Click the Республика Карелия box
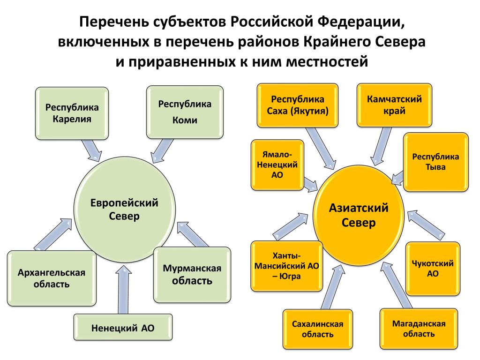point(72,113)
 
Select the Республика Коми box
point(185,112)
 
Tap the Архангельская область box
point(52,278)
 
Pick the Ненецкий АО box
point(123,328)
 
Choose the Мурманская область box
point(192,275)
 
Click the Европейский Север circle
point(125,210)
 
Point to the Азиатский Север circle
point(359,215)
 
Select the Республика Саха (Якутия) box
point(298,105)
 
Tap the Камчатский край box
point(394,105)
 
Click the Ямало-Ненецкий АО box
point(277,165)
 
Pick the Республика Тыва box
point(435,162)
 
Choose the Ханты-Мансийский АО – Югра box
point(286,266)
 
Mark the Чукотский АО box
point(433,269)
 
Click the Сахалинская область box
point(317,329)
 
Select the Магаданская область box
point(419,329)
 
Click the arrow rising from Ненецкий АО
point(124,290)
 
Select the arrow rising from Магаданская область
point(396,285)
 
